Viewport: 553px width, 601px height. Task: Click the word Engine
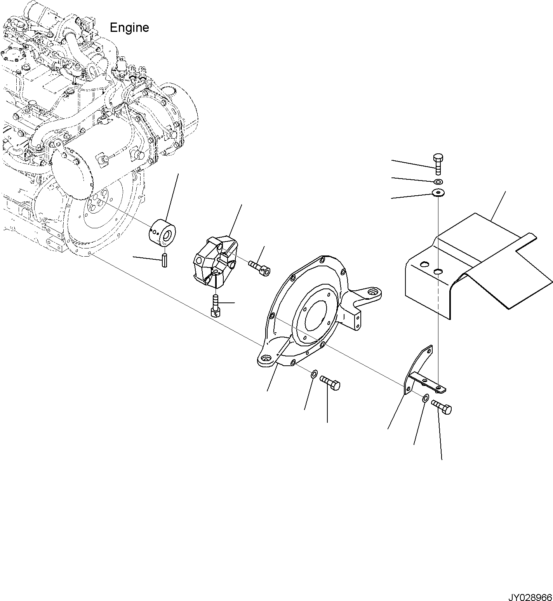click(x=129, y=28)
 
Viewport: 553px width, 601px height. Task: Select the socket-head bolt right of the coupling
click(x=259, y=268)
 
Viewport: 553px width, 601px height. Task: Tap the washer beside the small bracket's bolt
click(x=425, y=398)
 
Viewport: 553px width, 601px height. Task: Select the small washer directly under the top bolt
click(x=438, y=182)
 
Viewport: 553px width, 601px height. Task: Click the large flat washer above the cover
click(x=438, y=192)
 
